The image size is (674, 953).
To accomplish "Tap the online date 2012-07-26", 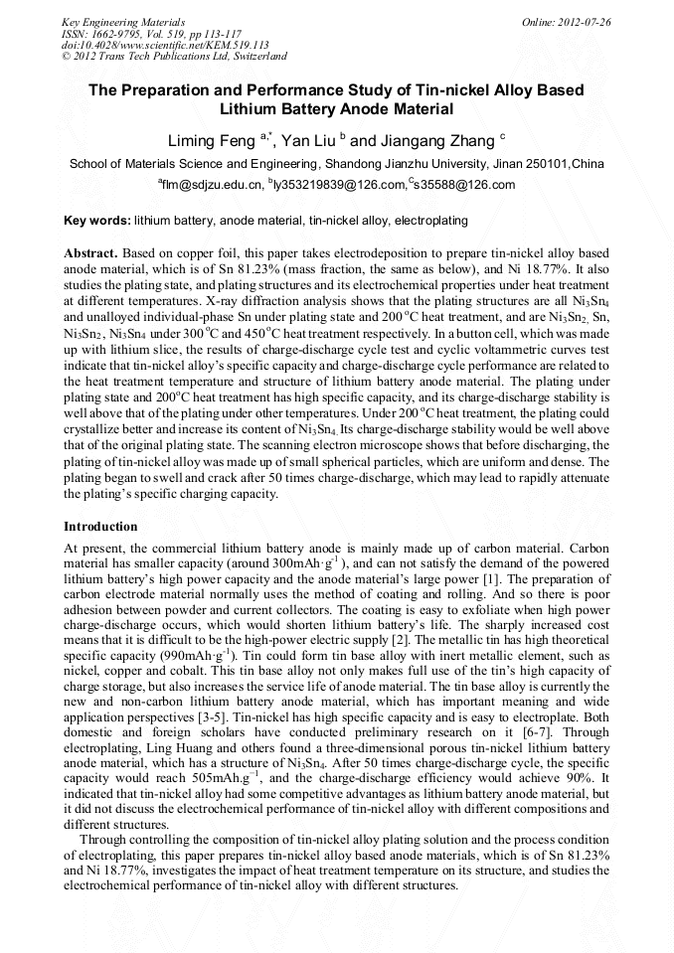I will point(584,21).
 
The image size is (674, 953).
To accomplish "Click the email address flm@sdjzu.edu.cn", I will point(212,185).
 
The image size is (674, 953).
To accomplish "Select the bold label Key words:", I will point(96,220).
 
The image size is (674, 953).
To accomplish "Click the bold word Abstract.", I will point(91,253).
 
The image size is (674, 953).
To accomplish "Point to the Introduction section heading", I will point(100,526).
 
